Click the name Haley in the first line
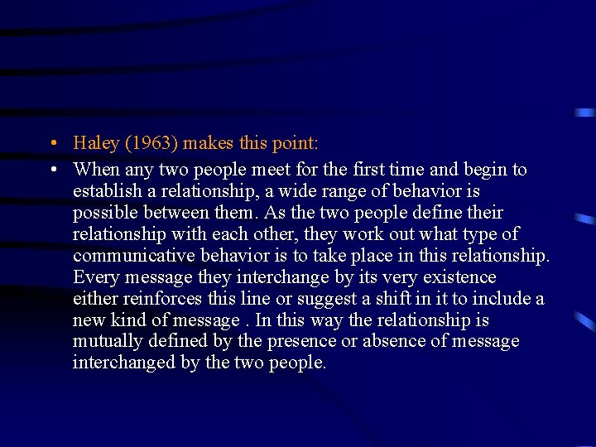(x=95, y=143)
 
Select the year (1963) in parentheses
(x=151, y=143)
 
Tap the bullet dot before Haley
(x=52, y=143)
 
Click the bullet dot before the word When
(x=52, y=170)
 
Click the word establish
(x=105, y=191)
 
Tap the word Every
(x=95, y=277)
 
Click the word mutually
(x=104, y=342)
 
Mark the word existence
(x=459, y=277)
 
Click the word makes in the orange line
(x=208, y=143)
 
